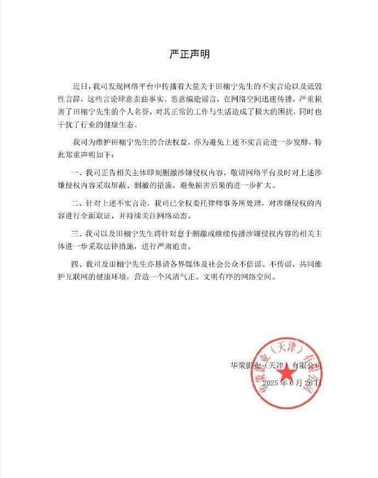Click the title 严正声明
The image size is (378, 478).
coord(188,55)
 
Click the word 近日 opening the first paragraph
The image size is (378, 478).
coord(80,87)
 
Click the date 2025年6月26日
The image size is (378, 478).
coord(291,383)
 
